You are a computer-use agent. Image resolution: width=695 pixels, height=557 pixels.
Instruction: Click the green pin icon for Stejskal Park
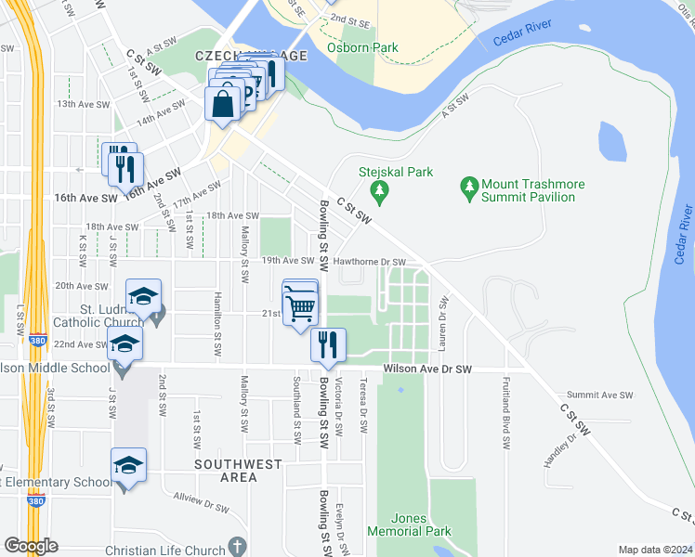point(378,192)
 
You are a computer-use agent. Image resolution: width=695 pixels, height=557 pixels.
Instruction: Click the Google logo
point(30,546)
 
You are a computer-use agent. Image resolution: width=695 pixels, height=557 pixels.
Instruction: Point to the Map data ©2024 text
point(654,550)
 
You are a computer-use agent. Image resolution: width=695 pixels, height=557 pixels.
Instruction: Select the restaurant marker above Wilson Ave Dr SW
point(328,345)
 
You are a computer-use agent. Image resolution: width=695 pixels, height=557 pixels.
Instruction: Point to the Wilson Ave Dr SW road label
point(426,369)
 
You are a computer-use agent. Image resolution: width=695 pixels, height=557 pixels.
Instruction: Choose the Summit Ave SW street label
point(599,395)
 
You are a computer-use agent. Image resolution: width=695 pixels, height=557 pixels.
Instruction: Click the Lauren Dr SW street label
point(444,319)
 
